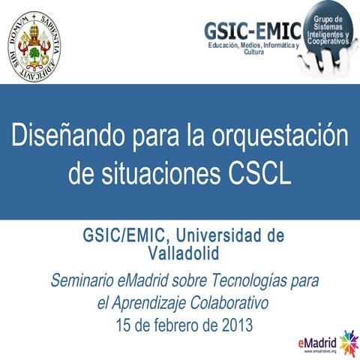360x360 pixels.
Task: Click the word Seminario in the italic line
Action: (x=83, y=281)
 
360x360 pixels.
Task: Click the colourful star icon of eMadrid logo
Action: (x=348, y=343)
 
